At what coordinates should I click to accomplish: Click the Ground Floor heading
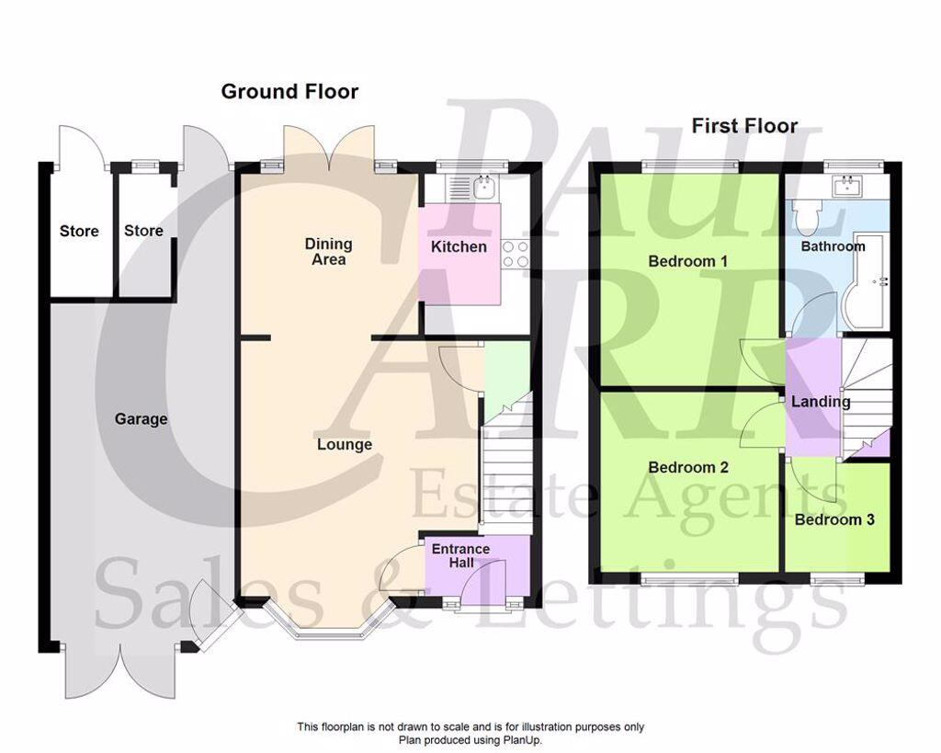pos(289,91)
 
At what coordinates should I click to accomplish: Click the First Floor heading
pos(744,126)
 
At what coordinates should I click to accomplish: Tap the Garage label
pos(141,419)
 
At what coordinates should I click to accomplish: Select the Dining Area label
pos(328,252)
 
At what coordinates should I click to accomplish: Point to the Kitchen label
pos(459,246)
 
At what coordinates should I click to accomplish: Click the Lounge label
pos(345,445)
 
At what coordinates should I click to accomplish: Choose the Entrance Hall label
pos(460,556)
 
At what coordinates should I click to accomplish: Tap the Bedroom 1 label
pos(687,261)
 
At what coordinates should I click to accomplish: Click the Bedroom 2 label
pos(687,467)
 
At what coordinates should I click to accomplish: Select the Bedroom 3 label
pos(834,519)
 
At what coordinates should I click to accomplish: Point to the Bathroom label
pos(833,246)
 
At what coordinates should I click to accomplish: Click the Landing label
pos(821,402)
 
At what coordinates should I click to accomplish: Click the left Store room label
pos(79,231)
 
